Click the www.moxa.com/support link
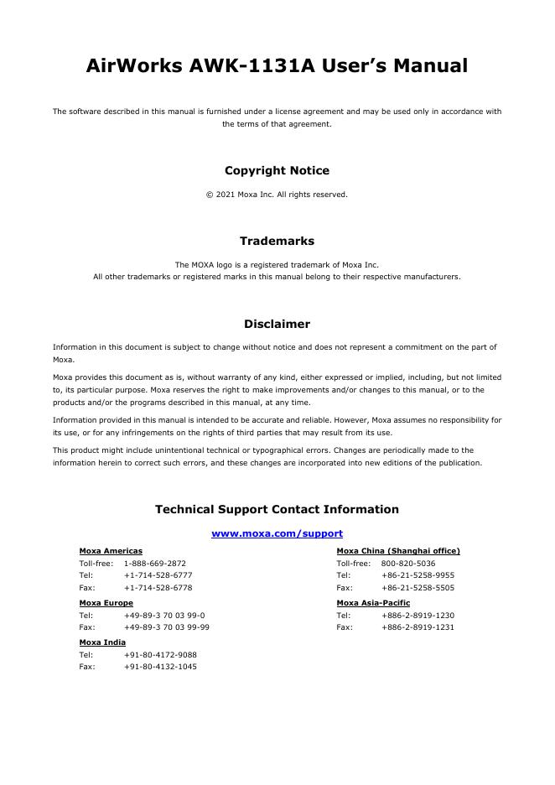[x=277, y=533]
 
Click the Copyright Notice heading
[x=277, y=170]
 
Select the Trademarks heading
[x=277, y=241]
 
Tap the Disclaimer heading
[x=277, y=324]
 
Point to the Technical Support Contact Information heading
[x=277, y=509]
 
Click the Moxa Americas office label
[x=111, y=551]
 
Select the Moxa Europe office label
[x=106, y=603]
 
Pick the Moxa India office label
[x=102, y=642]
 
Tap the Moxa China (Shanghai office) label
[x=398, y=551]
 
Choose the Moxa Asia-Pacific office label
[x=373, y=603]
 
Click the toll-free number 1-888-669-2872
[x=155, y=564]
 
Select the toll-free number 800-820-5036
[x=408, y=564]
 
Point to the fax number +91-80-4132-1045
[x=160, y=667]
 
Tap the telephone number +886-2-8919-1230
[x=418, y=616]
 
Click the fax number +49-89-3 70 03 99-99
[x=167, y=627]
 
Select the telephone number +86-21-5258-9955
[x=418, y=576]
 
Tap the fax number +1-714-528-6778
[x=158, y=588]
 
